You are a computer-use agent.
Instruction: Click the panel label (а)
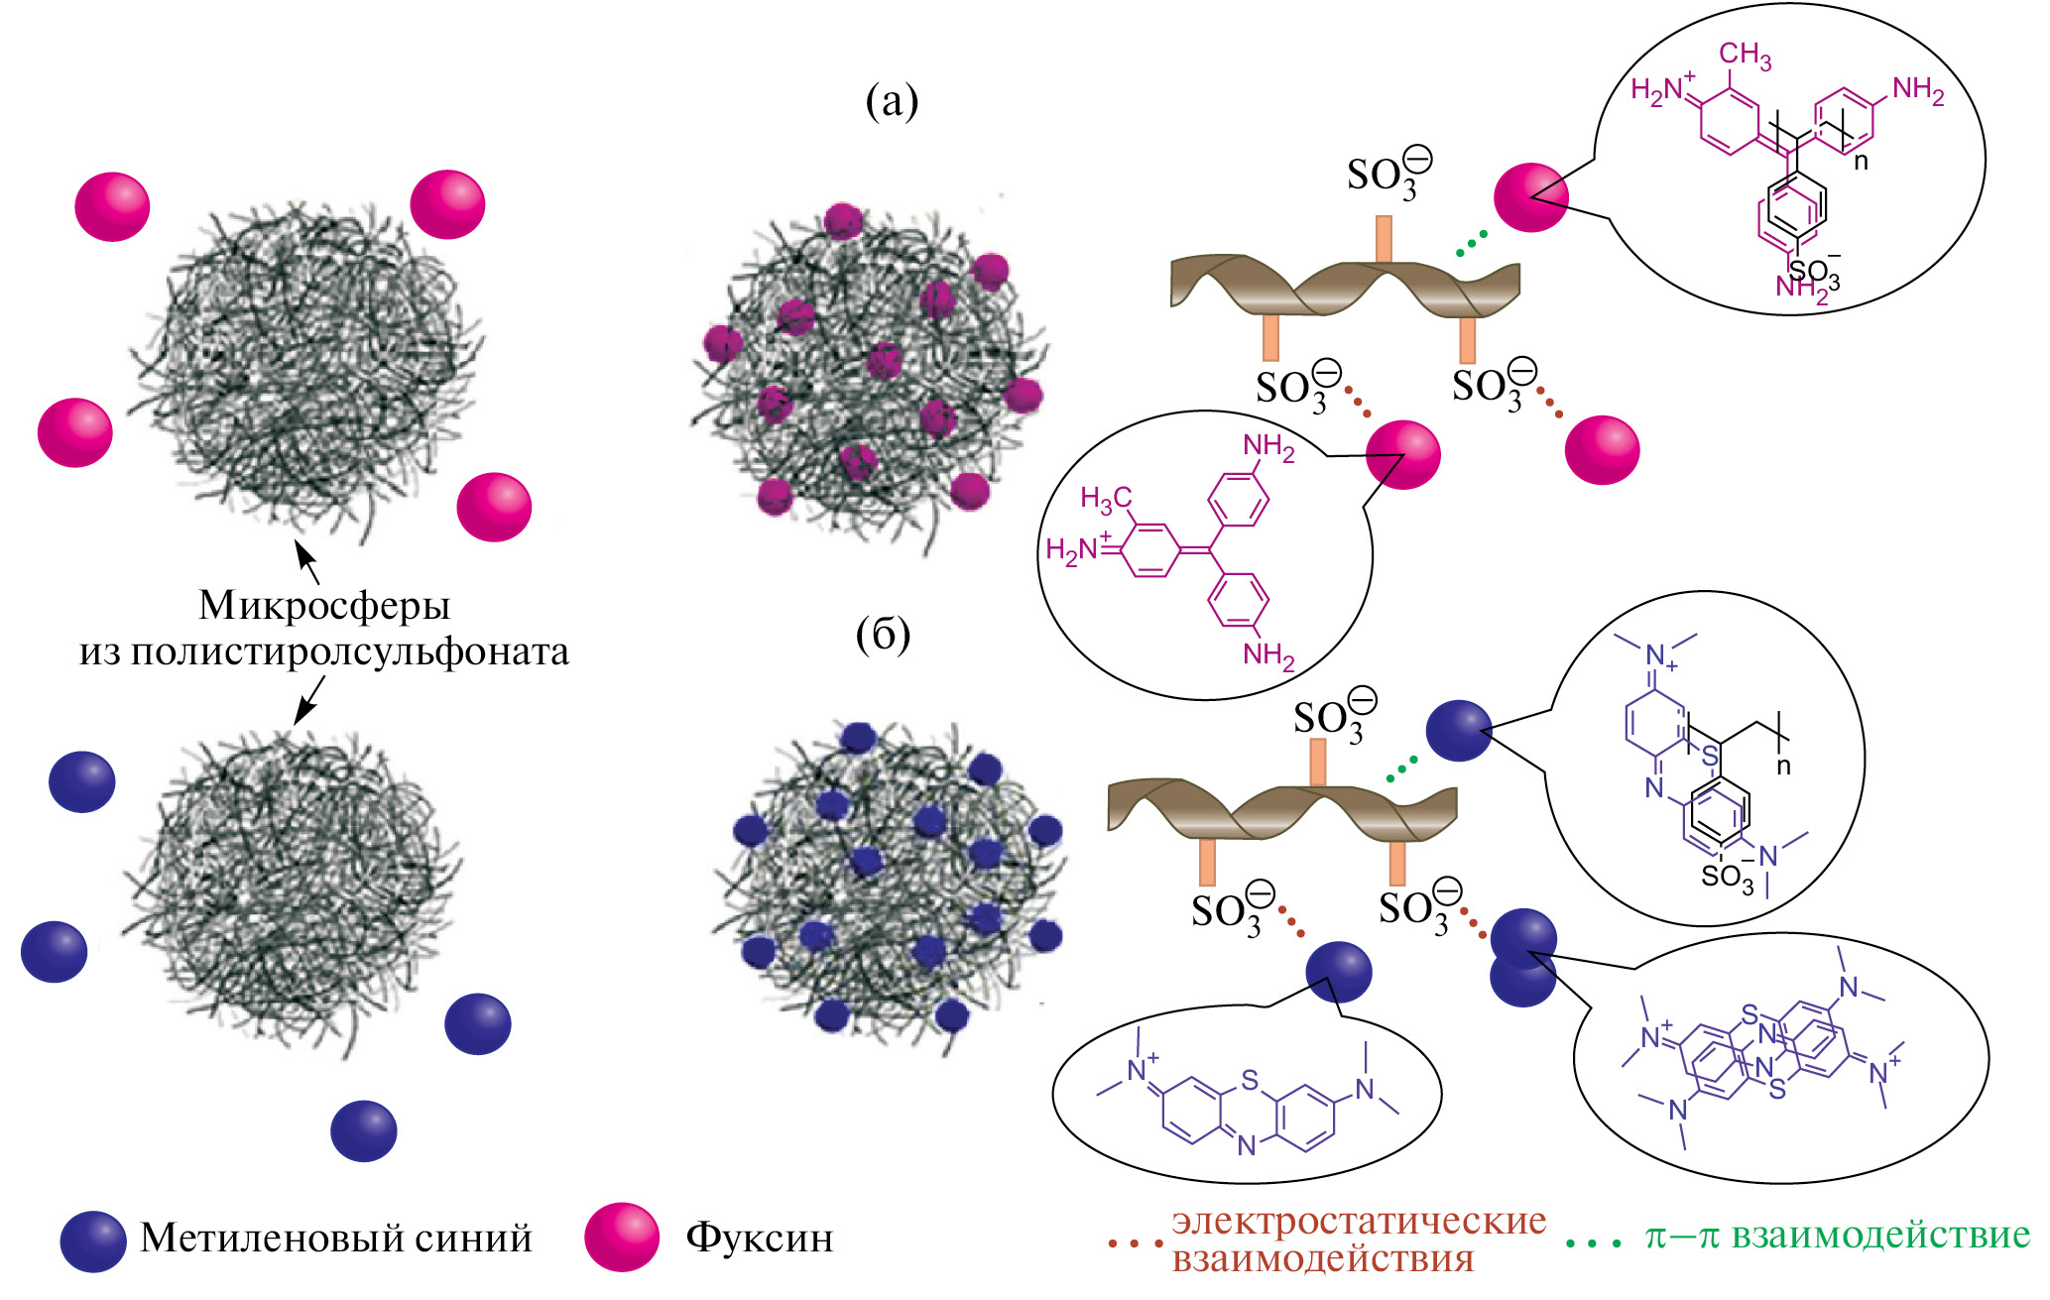tap(892, 101)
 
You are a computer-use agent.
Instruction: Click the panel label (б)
tap(883, 635)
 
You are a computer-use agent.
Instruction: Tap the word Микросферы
tap(324, 605)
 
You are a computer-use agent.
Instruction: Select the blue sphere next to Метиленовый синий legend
tap(93, 1241)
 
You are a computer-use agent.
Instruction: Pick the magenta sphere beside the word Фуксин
tap(622, 1237)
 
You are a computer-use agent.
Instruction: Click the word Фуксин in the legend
tap(760, 1238)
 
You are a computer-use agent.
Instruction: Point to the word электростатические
tap(1359, 1221)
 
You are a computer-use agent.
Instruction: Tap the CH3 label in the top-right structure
tap(1745, 56)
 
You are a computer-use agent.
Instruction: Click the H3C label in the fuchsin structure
tap(1106, 499)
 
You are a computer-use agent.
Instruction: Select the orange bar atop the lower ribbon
tap(1318, 762)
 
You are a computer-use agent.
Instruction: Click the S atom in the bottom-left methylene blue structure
tap(1250, 1079)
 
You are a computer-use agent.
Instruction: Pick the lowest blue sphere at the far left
tap(364, 1130)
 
